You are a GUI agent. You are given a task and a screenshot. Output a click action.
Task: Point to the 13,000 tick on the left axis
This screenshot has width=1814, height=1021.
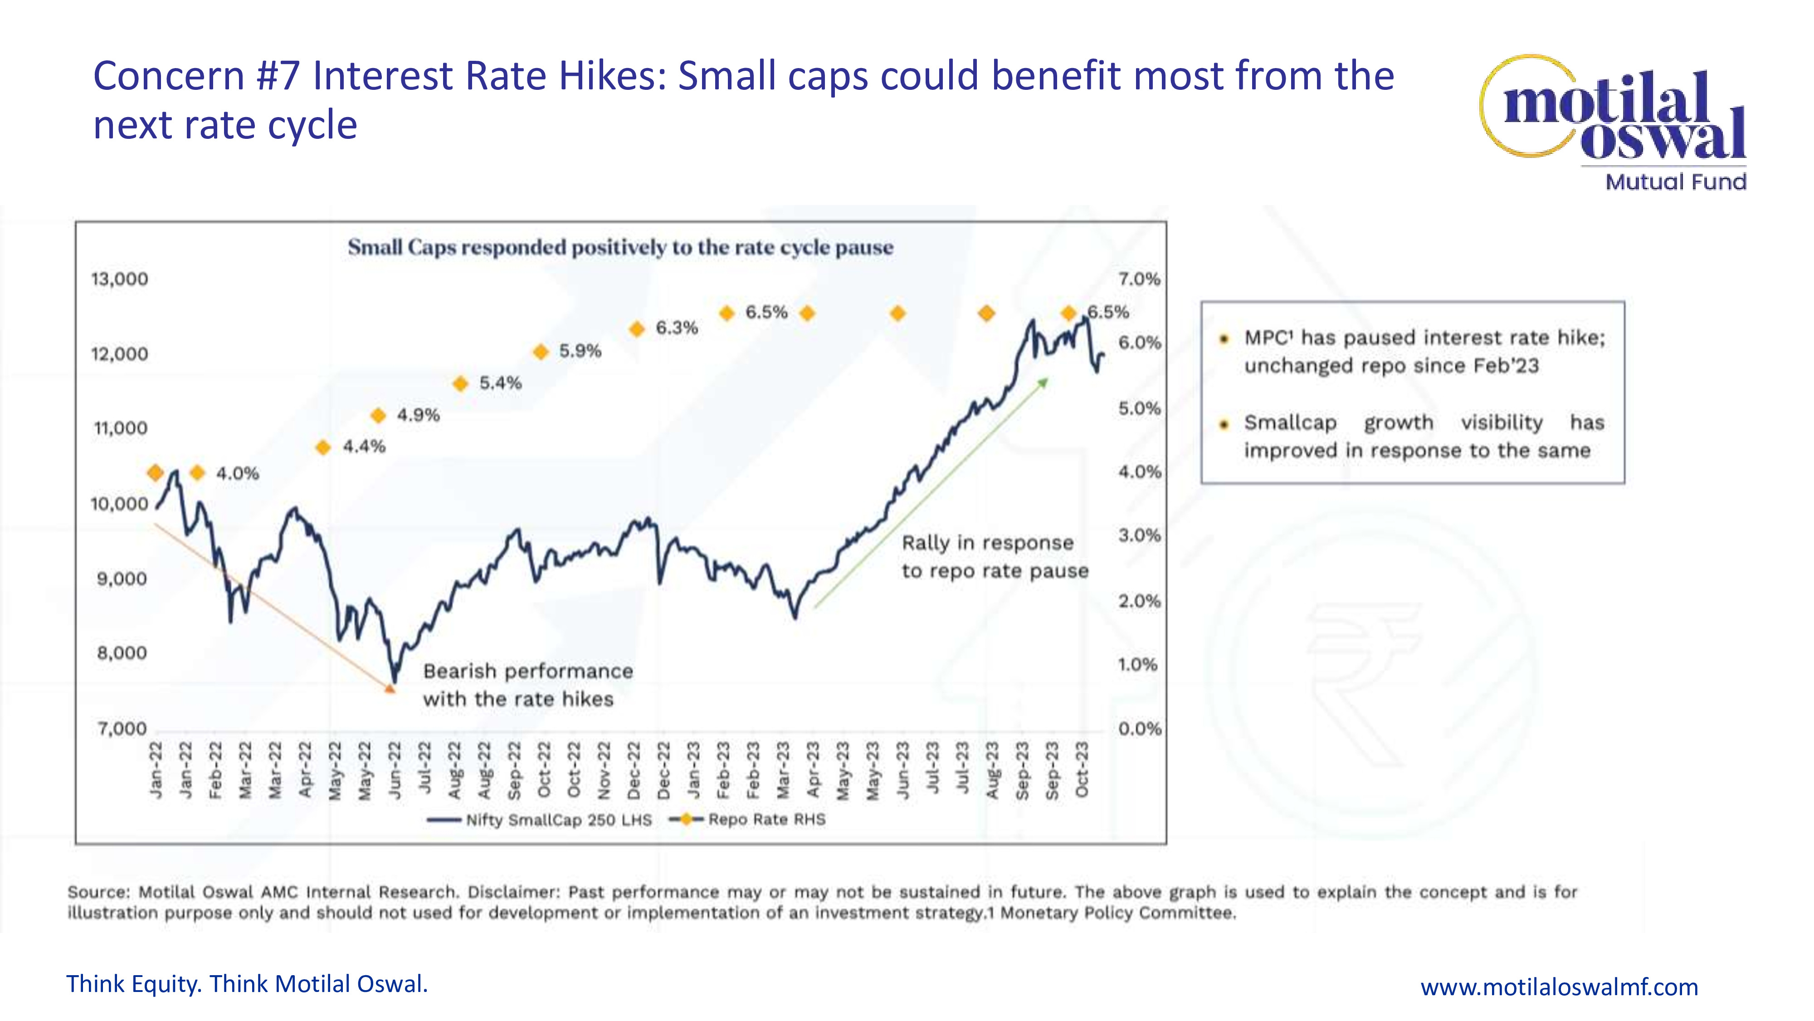coord(119,279)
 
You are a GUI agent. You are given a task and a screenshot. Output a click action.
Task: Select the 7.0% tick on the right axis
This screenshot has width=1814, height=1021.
coord(1139,279)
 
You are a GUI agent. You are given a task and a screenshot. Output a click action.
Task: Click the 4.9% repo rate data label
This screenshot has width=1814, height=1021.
coord(418,415)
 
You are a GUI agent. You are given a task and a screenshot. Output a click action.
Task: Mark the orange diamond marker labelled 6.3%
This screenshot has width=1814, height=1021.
coord(637,329)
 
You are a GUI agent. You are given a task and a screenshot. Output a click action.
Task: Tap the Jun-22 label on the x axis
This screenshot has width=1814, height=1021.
coord(395,770)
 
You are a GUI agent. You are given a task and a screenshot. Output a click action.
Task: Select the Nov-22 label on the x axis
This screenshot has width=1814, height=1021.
coord(604,770)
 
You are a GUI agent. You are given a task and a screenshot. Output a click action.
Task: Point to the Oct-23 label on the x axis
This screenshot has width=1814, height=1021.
coord(1083,770)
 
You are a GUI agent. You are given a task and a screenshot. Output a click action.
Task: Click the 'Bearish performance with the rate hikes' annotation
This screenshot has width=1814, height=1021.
coord(527,685)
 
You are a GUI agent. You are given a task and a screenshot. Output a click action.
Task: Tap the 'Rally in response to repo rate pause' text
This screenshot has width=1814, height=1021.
coord(995,557)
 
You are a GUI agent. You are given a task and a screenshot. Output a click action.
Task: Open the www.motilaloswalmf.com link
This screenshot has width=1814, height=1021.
coord(1559,987)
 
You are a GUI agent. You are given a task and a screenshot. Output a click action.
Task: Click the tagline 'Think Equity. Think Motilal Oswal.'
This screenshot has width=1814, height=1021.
coord(247,984)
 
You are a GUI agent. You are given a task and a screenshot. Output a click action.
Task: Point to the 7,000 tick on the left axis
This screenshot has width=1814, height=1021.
coord(122,729)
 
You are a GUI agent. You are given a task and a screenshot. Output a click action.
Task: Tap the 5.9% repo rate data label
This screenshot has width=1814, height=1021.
coord(580,351)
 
